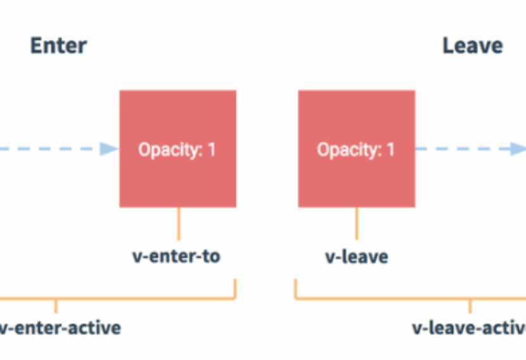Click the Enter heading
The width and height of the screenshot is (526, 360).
coord(59,45)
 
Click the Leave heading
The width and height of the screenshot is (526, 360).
coord(473,45)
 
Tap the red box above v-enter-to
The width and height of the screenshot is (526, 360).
coord(178,149)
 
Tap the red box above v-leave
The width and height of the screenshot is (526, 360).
coord(357,149)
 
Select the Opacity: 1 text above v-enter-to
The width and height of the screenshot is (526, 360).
coord(177,150)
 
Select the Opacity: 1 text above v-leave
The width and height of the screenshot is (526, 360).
coord(356,150)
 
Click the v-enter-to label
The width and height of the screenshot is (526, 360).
coord(176,256)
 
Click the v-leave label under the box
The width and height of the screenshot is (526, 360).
coord(357,257)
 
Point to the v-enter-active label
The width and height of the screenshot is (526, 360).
coord(60,328)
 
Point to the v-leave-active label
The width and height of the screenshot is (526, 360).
coord(469,328)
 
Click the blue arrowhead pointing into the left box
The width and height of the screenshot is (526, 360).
coord(109,149)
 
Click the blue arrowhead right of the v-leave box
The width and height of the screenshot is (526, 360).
coord(518,149)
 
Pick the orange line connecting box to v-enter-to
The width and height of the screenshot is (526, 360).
coord(179,224)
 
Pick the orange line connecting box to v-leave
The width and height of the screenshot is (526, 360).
coord(357,224)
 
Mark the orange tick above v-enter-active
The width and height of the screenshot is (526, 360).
coord(56,306)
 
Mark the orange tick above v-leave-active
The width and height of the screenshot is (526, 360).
coord(470,306)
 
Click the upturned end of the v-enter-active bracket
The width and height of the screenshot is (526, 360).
coord(235,280)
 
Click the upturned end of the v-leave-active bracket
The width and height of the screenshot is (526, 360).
coord(295,280)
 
